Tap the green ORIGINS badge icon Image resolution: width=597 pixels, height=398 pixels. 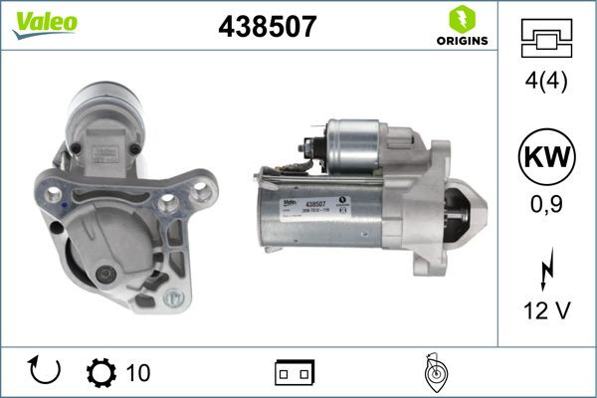click(460, 20)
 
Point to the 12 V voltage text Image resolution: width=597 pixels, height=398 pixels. click(547, 312)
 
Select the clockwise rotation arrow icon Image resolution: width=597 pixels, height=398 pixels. click(46, 372)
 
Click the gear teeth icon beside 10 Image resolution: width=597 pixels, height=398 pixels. click(101, 373)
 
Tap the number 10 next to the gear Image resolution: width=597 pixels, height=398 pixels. click(138, 373)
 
